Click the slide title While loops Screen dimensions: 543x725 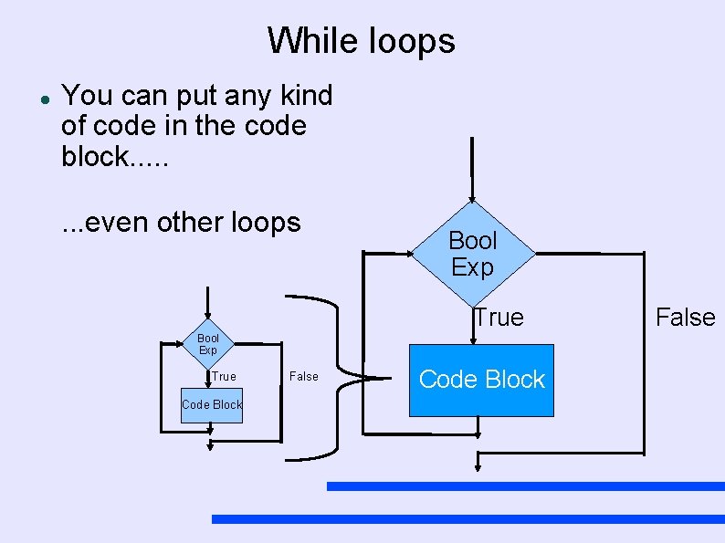pyautogui.click(x=362, y=41)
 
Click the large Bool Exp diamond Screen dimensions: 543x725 pyautogui.click(x=472, y=254)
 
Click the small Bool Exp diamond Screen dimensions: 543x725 pyautogui.click(x=208, y=344)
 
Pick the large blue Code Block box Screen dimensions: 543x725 pyautogui.click(x=481, y=381)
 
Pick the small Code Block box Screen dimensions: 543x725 pyautogui.click(x=212, y=404)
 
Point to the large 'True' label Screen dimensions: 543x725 pyautogui.click(x=499, y=318)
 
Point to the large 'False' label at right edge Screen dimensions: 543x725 pyautogui.click(x=685, y=318)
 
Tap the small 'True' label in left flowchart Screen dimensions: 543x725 pyautogui.click(x=223, y=376)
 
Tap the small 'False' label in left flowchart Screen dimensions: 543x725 pyautogui.click(x=303, y=376)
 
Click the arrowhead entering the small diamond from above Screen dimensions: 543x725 pyautogui.click(x=208, y=319)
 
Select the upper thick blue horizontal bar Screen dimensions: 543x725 pyautogui.click(x=525, y=486)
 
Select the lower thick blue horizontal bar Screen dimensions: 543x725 pyautogui.click(x=468, y=518)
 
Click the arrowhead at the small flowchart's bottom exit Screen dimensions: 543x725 pyautogui.click(x=210, y=445)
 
